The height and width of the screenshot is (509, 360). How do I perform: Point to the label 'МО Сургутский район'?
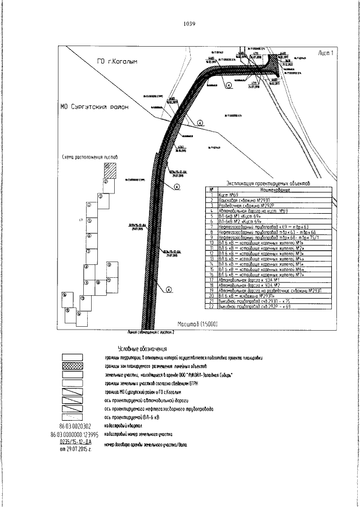[x=94, y=106]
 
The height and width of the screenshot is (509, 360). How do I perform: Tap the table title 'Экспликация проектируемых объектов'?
[x=264, y=183]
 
